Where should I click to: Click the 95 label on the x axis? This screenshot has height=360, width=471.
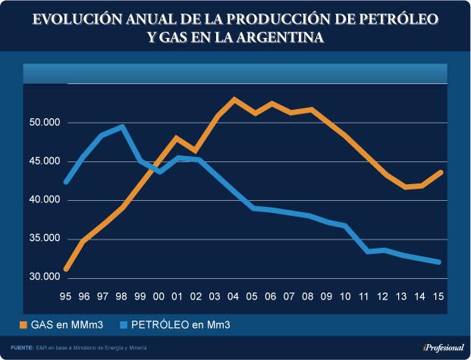[x=66, y=298]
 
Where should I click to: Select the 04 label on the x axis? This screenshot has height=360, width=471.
[x=234, y=298]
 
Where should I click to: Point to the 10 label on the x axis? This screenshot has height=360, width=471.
[x=346, y=298]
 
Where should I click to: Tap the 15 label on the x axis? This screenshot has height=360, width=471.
[x=439, y=298]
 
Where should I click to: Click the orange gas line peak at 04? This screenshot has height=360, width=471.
[x=234, y=99]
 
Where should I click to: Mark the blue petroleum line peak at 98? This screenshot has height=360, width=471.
[x=122, y=127]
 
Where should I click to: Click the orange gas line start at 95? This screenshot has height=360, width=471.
[x=67, y=268]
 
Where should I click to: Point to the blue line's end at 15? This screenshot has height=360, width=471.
[x=439, y=262]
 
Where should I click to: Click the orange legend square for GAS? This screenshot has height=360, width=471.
[x=24, y=325]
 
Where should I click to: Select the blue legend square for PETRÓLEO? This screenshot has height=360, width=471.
[x=124, y=325]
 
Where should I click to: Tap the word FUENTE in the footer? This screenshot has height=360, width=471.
[x=22, y=347]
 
